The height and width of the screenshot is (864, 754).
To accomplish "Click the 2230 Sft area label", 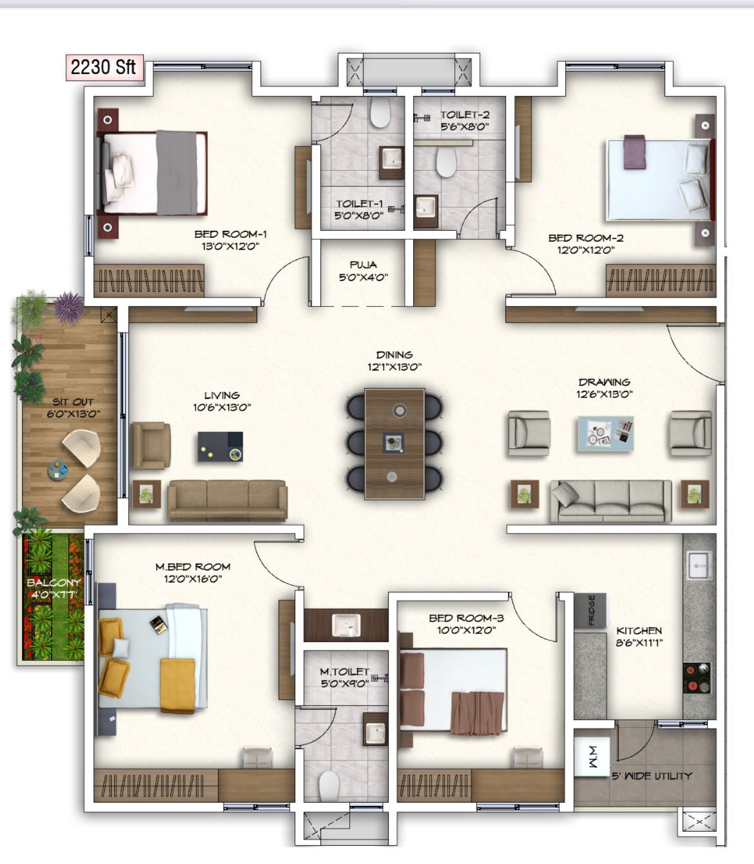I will (103, 67).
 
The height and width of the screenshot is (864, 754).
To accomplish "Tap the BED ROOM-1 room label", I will (231, 234).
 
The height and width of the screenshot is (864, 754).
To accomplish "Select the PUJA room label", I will (363, 264).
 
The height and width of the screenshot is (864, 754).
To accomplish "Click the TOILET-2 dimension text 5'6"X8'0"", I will (464, 127).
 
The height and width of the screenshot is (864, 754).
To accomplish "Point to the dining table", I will (394, 443).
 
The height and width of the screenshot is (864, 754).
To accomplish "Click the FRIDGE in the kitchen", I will (591, 610).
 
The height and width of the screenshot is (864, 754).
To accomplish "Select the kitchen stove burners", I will (697, 678).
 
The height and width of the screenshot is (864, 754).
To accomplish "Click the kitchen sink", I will (699, 565).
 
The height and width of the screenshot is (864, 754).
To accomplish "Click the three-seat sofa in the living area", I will (227, 500).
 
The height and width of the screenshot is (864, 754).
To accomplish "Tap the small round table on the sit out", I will (57, 469).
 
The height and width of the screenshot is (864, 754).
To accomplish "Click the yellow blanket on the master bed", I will (178, 685).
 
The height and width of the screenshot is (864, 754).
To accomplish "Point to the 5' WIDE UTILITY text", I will (652, 776).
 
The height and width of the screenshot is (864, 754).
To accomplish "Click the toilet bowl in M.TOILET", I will (329, 786).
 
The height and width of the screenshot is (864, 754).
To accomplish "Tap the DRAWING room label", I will (604, 382).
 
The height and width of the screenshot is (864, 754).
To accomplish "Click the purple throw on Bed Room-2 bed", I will (633, 152).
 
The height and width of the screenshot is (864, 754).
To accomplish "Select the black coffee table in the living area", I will (220, 446).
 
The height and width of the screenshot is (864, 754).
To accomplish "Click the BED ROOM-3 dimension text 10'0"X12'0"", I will (466, 630).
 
